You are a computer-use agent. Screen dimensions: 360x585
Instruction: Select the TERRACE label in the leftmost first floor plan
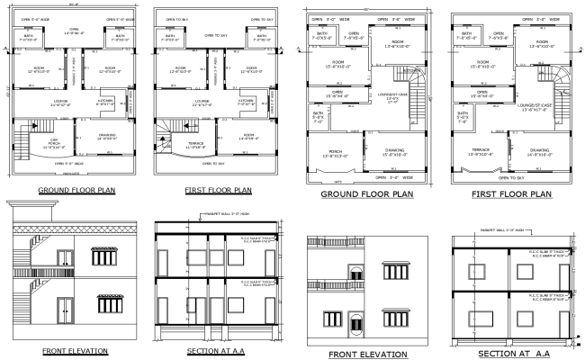tap(199, 143)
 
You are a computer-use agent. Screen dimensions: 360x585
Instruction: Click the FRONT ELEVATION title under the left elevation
tap(75, 350)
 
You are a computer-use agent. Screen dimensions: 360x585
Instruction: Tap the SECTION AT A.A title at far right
tap(510, 354)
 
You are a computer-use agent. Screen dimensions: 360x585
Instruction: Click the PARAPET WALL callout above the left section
tap(225, 213)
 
